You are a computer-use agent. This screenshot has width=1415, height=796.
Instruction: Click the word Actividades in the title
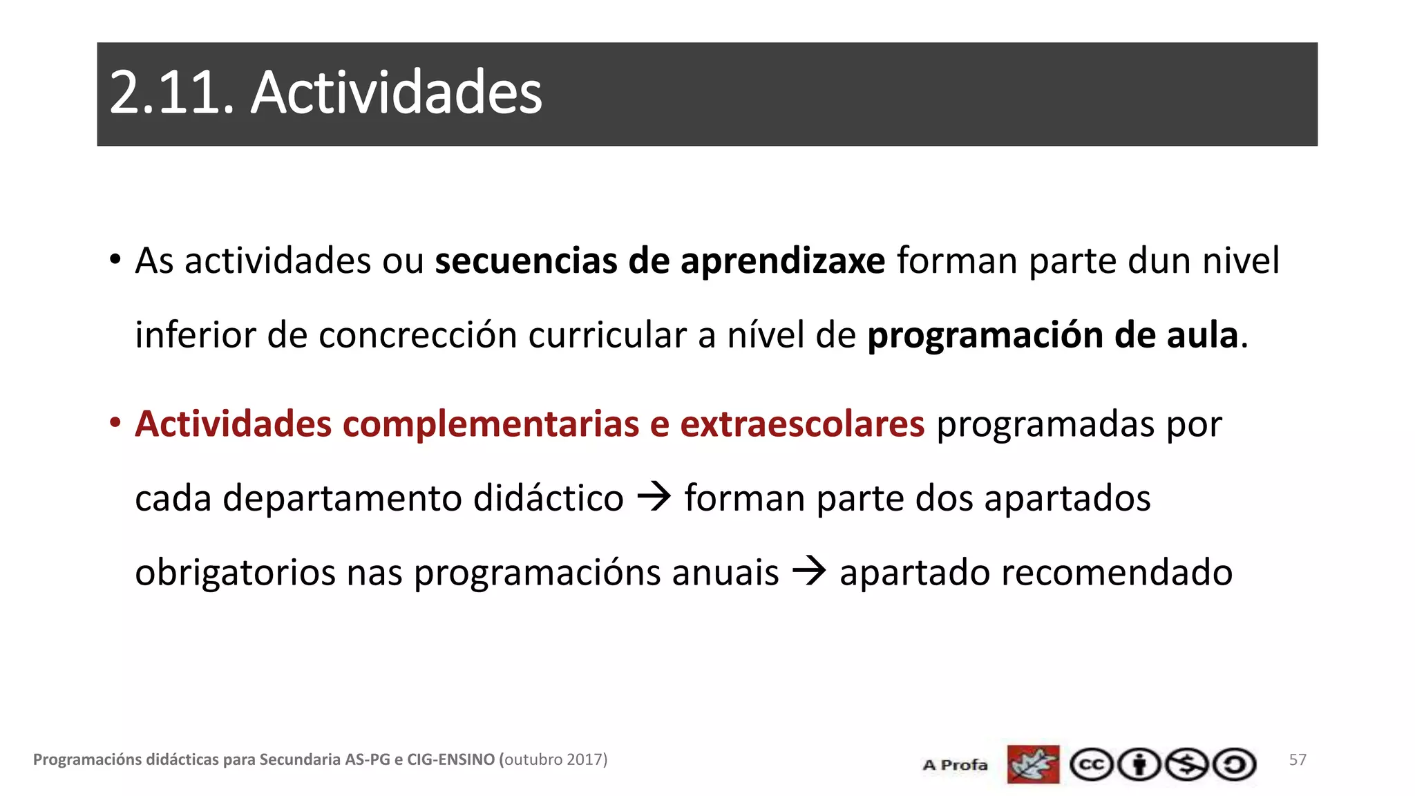[x=396, y=93]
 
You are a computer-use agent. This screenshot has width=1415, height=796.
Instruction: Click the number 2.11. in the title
[x=172, y=93]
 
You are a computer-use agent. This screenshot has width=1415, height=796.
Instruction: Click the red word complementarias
[x=491, y=424]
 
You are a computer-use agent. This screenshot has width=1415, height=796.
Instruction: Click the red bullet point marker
[x=115, y=422]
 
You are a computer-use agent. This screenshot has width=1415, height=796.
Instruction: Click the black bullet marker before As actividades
[x=115, y=260]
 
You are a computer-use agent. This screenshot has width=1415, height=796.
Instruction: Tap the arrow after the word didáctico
[x=654, y=497]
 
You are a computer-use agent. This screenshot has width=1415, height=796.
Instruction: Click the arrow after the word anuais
[x=809, y=572]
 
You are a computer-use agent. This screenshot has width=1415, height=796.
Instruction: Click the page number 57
[x=1298, y=760]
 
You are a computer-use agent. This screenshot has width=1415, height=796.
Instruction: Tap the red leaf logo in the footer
[x=1033, y=764]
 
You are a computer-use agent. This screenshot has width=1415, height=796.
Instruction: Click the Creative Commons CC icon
[x=1091, y=765]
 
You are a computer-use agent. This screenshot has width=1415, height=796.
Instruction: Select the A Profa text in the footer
[x=955, y=765]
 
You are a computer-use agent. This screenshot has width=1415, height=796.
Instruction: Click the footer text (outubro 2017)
[x=553, y=759]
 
